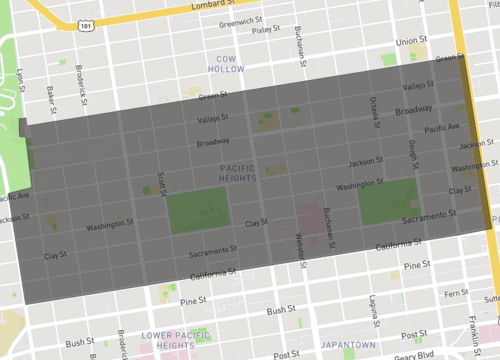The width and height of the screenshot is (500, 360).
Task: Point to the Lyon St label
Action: click(21, 78)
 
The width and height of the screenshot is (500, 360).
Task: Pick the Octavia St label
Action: click(373, 104)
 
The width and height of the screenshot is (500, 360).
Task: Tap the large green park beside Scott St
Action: click(197, 209)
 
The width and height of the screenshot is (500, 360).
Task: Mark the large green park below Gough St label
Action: click(387, 201)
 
